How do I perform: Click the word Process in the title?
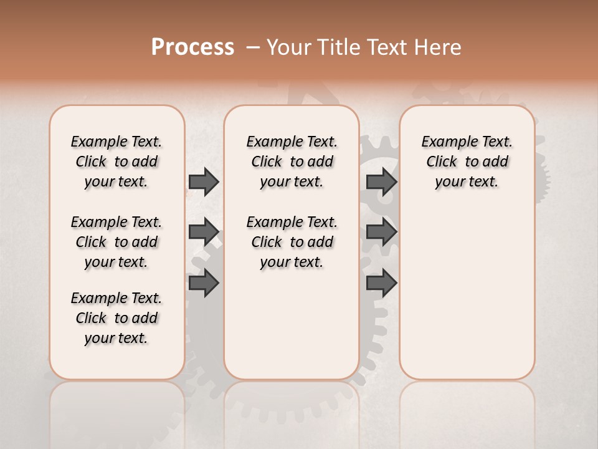pos(192,47)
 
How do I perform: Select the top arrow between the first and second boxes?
pos(203,182)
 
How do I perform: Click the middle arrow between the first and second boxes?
pos(203,232)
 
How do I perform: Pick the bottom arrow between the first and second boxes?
pos(203,284)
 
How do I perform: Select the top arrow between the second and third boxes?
pos(381,182)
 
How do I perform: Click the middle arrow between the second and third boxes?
pos(381,232)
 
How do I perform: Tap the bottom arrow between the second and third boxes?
pos(381,284)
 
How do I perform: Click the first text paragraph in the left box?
pos(116,162)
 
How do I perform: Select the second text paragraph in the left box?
pos(116,242)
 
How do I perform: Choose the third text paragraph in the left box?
pos(116,318)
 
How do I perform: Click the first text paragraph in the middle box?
pos(292,162)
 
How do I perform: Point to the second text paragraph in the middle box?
pos(292,242)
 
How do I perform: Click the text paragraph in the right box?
pos(467,162)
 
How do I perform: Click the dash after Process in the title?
pos(253,48)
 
